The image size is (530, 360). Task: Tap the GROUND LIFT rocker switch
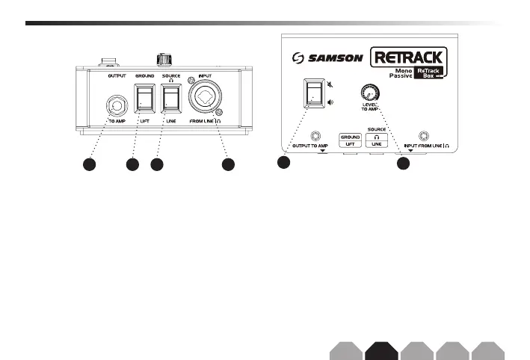coord(144,99)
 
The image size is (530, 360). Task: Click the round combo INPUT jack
coord(206,99)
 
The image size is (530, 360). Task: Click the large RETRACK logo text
coord(410,56)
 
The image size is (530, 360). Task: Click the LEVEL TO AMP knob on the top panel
coord(368,93)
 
